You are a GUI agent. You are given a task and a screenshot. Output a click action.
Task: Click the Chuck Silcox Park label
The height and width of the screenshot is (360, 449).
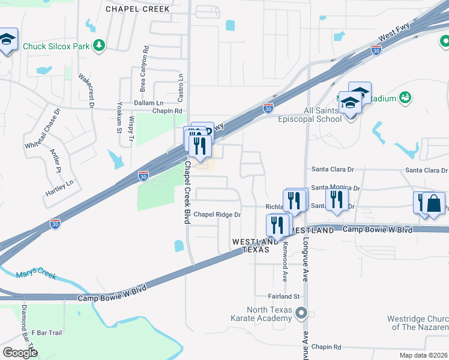(x=56, y=46)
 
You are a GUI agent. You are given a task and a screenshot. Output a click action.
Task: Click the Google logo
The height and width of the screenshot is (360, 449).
(x=20, y=352)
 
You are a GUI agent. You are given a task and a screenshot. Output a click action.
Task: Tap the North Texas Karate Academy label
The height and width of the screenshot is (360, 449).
(x=263, y=314)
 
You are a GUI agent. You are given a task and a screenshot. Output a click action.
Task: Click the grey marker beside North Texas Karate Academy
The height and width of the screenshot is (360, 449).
(x=302, y=313)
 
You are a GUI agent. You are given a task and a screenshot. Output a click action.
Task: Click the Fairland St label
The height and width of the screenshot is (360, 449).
(x=285, y=296)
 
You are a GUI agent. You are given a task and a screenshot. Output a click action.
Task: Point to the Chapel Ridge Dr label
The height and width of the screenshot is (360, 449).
(x=217, y=214)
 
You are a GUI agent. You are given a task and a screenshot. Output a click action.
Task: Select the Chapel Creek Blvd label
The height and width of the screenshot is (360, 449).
(x=187, y=192)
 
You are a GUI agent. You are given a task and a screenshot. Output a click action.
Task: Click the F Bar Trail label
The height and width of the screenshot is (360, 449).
(x=47, y=332)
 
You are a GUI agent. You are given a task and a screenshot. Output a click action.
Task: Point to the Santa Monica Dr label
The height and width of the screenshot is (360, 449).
(x=335, y=188)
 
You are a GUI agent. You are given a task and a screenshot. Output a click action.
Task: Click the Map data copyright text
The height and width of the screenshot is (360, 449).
(x=423, y=355)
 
